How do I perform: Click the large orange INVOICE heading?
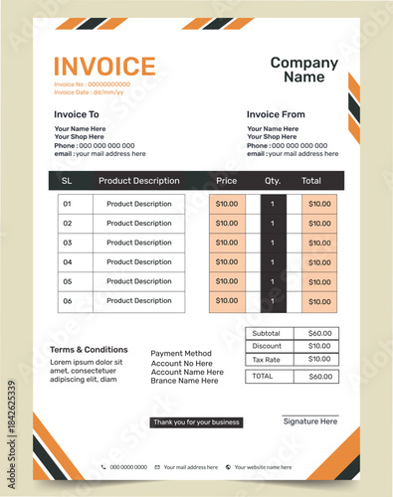tap(104, 66)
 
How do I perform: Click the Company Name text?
tap(304, 70)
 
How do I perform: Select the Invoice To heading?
tap(77, 114)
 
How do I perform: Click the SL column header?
tap(67, 181)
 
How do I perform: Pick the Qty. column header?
tap(273, 181)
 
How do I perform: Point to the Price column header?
tap(227, 181)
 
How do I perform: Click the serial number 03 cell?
tap(68, 243)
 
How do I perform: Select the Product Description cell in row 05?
tap(139, 281)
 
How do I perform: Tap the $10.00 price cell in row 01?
tap(227, 204)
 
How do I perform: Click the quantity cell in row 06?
tap(273, 300)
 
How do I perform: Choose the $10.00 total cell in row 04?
tap(319, 262)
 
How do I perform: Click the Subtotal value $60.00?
tap(320, 334)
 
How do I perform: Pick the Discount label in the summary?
tap(267, 347)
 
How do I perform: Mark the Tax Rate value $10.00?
tap(320, 360)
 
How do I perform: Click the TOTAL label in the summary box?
tap(263, 377)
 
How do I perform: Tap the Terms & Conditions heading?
tap(89, 350)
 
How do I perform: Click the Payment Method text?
tap(181, 354)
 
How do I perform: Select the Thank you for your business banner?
tap(196, 422)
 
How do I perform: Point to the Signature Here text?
tap(310, 422)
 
